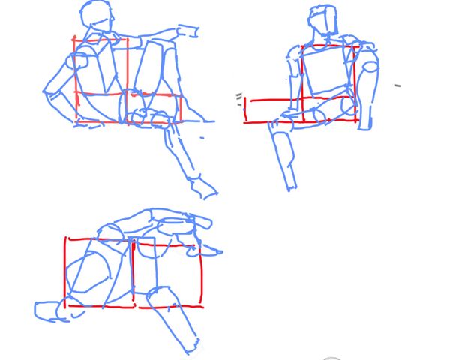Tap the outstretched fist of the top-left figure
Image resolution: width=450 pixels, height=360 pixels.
pos(187,31)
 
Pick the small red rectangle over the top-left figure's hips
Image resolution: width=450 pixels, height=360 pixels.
pos(154,106)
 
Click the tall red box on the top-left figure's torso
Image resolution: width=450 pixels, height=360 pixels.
pos(100,79)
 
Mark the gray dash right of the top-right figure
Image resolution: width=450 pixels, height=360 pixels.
pos(397,85)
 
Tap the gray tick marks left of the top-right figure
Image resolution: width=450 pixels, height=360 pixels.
pos(239,96)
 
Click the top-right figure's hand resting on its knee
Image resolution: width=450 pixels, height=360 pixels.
pos(289,114)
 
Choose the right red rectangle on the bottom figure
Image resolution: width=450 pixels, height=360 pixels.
pos(167,274)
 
